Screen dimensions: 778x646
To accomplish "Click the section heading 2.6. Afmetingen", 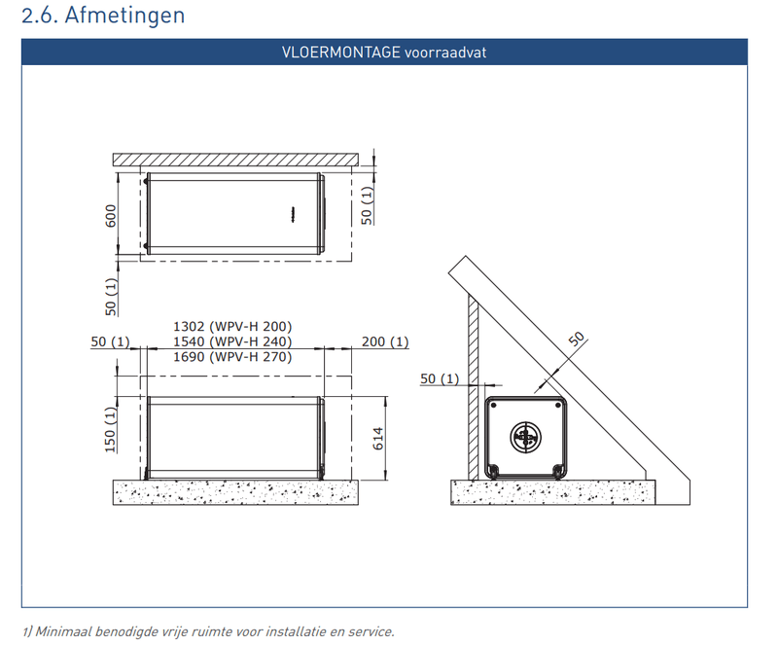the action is click(103, 15).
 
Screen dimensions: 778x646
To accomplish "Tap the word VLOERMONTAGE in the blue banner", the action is click(341, 53).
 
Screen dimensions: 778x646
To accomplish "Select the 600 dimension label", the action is click(111, 216).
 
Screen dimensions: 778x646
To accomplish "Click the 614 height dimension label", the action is click(378, 439).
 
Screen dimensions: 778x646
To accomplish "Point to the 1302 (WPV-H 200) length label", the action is click(232, 326).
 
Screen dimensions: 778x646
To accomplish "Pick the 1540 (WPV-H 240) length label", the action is click(232, 341).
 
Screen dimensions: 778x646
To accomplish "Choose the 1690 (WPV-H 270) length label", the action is click(232, 356).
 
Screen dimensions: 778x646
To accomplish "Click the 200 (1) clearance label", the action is click(385, 341).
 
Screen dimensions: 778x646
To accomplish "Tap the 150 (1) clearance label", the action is click(111, 429).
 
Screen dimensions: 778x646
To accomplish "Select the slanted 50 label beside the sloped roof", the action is click(577, 340).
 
